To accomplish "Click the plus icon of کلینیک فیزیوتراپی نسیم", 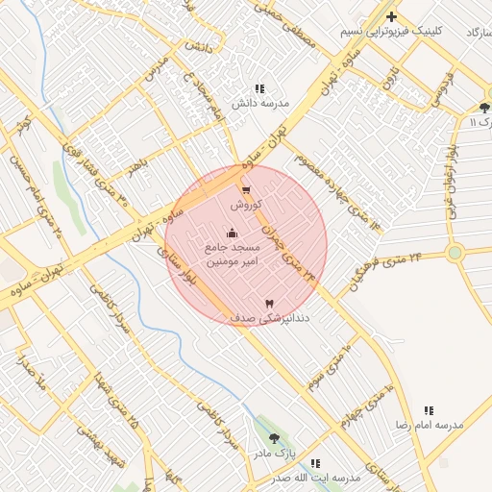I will (x=391, y=16).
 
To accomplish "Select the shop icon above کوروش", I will (x=246, y=190).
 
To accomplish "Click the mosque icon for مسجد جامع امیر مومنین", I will (x=232, y=233).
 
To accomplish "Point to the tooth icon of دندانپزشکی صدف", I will (x=268, y=303).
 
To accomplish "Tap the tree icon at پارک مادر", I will (x=275, y=437).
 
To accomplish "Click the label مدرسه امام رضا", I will (x=429, y=424).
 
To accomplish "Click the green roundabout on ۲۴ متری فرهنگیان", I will (x=455, y=254).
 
